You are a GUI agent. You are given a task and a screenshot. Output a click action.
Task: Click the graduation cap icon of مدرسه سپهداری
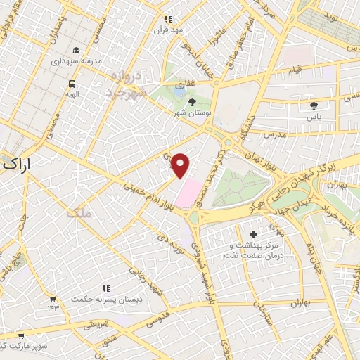pos(76,50)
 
